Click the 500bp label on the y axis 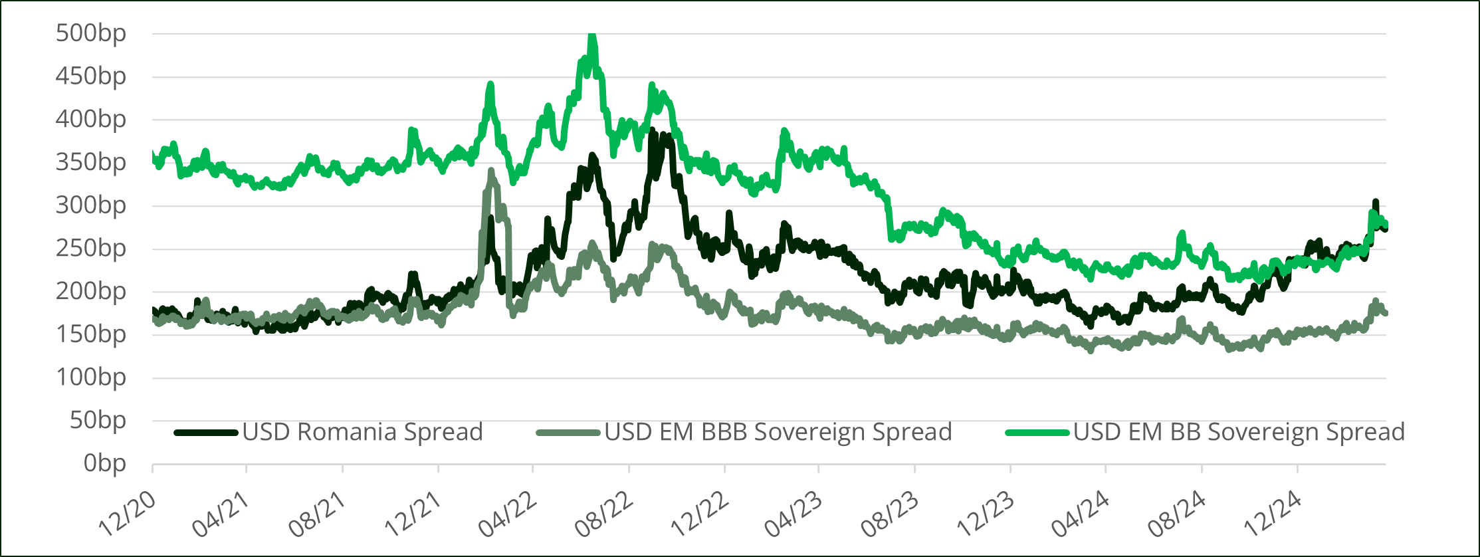(x=91, y=33)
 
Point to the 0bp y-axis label (x=104, y=463)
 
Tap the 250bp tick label (x=91, y=248)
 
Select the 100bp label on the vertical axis (x=91, y=377)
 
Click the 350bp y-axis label (x=91, y=162)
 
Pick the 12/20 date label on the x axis (x=127, y=514)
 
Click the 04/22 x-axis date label (x=508, y=514)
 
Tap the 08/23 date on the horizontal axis (x=890, y=514)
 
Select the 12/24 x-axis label (x=1273, y=514)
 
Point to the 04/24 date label (x=1081, y=514)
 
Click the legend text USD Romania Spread (x=362, y=432)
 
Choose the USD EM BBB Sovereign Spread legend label (x=778, y=432)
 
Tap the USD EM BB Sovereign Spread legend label (x=1239, y=432)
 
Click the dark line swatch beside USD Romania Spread (x=206, y=433)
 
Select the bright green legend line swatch (x=1037, y=433)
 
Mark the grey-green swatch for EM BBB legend (x=568, y=433)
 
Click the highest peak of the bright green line (x=592, y=37)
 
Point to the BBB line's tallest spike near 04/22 (x=492, y=171)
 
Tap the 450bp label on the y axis (x=91, y=76)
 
